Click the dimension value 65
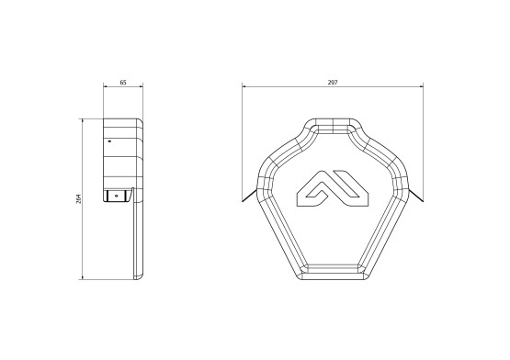[x=123, y=83]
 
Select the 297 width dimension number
[x=333, y=83]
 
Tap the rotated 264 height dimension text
[x=78, y=198]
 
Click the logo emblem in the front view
[x=333, y=188]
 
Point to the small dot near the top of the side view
[x=109, y=141]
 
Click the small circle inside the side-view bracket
[x=117, y=197]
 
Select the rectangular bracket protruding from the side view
[x=116, y=197]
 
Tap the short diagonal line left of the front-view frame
[x=249, y=196]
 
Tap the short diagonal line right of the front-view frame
[x=415, y=196]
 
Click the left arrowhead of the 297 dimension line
[x=244, y=87]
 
